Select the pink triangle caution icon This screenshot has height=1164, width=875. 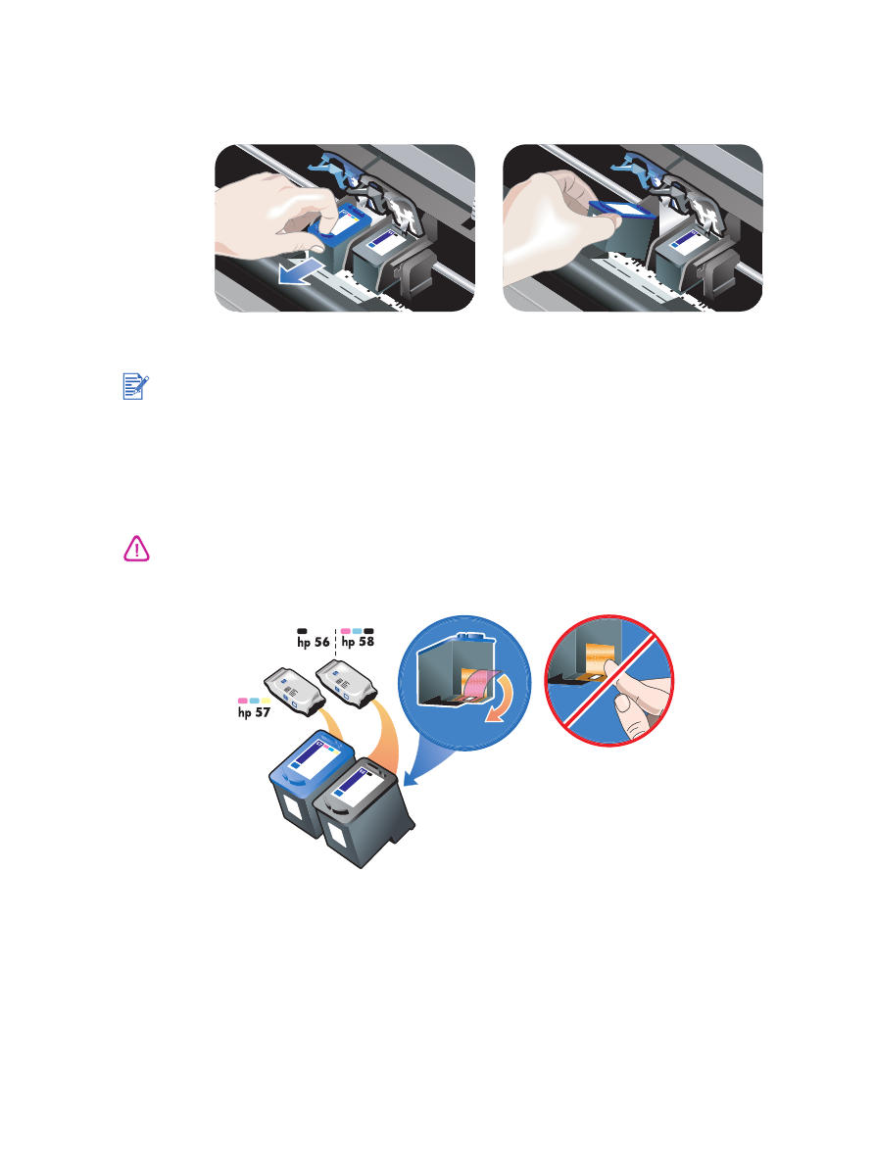point(135,550)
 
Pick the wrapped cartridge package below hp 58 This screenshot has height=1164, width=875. point(346,681)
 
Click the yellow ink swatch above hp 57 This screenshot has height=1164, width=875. point(266,701)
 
